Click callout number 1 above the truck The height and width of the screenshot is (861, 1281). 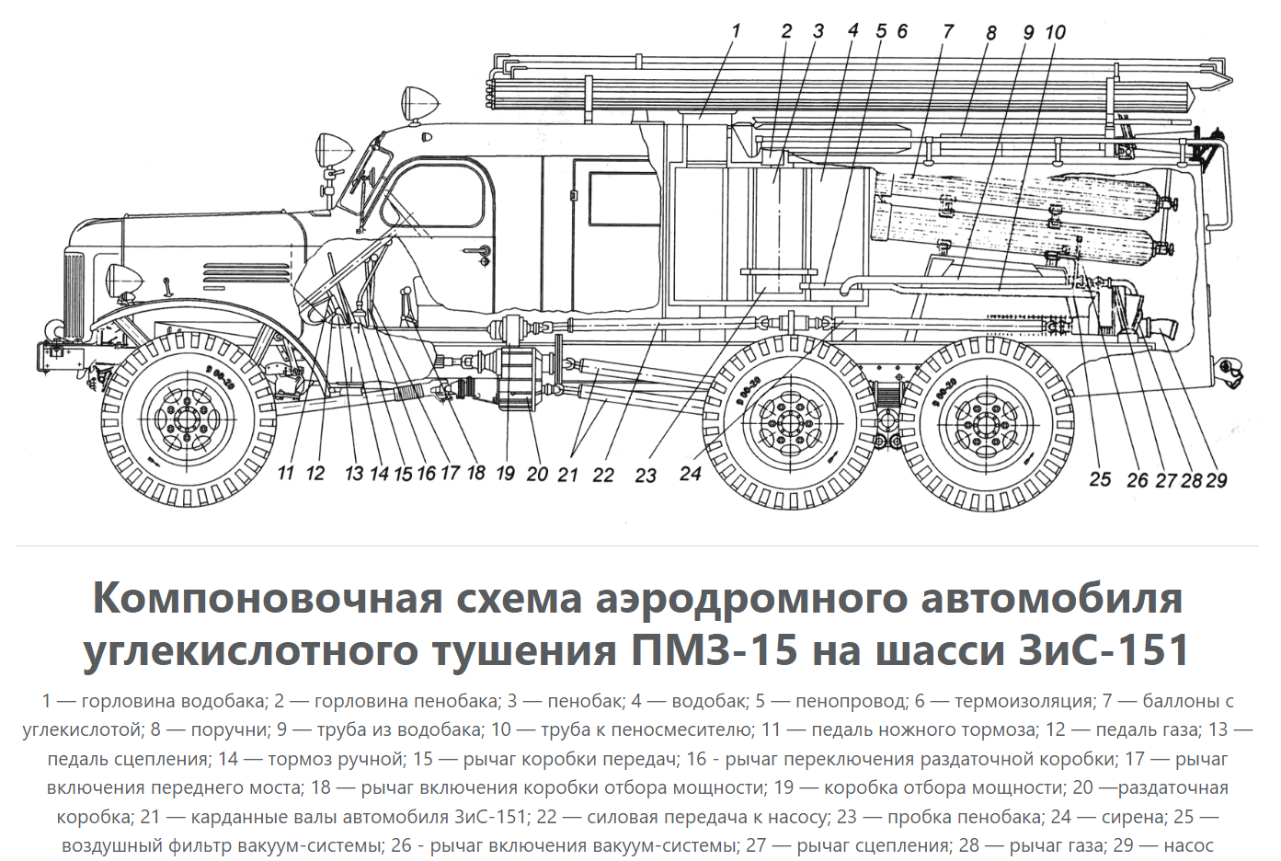736,31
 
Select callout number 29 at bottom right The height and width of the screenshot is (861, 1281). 1217,480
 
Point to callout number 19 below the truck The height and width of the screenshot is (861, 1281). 506,474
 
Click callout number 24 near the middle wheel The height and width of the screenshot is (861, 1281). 691,474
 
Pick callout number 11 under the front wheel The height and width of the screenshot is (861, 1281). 286,474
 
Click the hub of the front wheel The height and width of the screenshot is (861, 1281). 188,420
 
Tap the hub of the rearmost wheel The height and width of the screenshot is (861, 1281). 986,424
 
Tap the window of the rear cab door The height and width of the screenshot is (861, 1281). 624,199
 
